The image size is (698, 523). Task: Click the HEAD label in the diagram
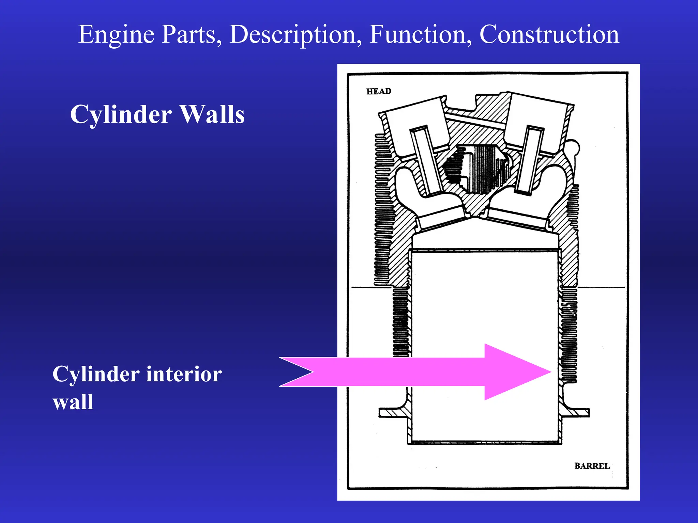pos(379,91)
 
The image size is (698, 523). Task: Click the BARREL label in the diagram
pos(592,466)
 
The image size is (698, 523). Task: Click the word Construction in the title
pos(549,35)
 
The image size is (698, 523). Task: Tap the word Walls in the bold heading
pos(212,114)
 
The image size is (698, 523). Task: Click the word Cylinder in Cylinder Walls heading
pos(121,114)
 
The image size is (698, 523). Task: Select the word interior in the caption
pos(184,374)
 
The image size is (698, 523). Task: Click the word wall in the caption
pos(73,402)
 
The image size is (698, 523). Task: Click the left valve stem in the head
pos(426,160)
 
